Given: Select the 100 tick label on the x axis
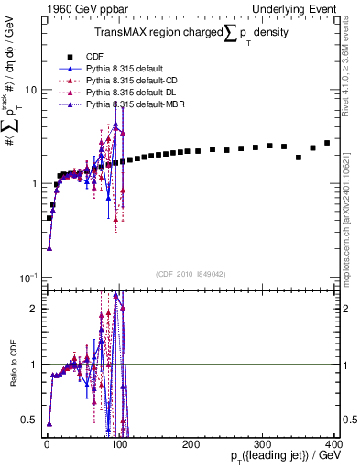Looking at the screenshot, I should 118,444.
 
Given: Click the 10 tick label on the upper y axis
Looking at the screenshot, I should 29,90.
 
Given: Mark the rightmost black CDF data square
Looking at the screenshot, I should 327,143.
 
